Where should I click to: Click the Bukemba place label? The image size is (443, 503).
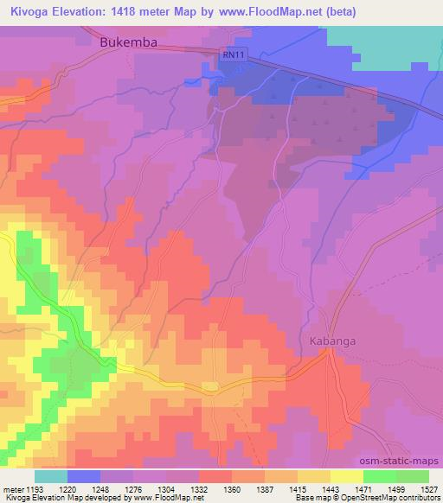pyautogui.click(x=133, y=41)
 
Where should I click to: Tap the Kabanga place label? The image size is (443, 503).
pyautogui.click(x=333, y=341)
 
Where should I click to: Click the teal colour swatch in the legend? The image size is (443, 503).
pyautogui.click(x=51, y=476)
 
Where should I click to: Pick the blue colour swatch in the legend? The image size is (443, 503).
pyautogui.click(x=84, y=476)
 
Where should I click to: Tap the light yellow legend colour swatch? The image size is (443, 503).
pyautogui.click(x=347, y=476)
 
